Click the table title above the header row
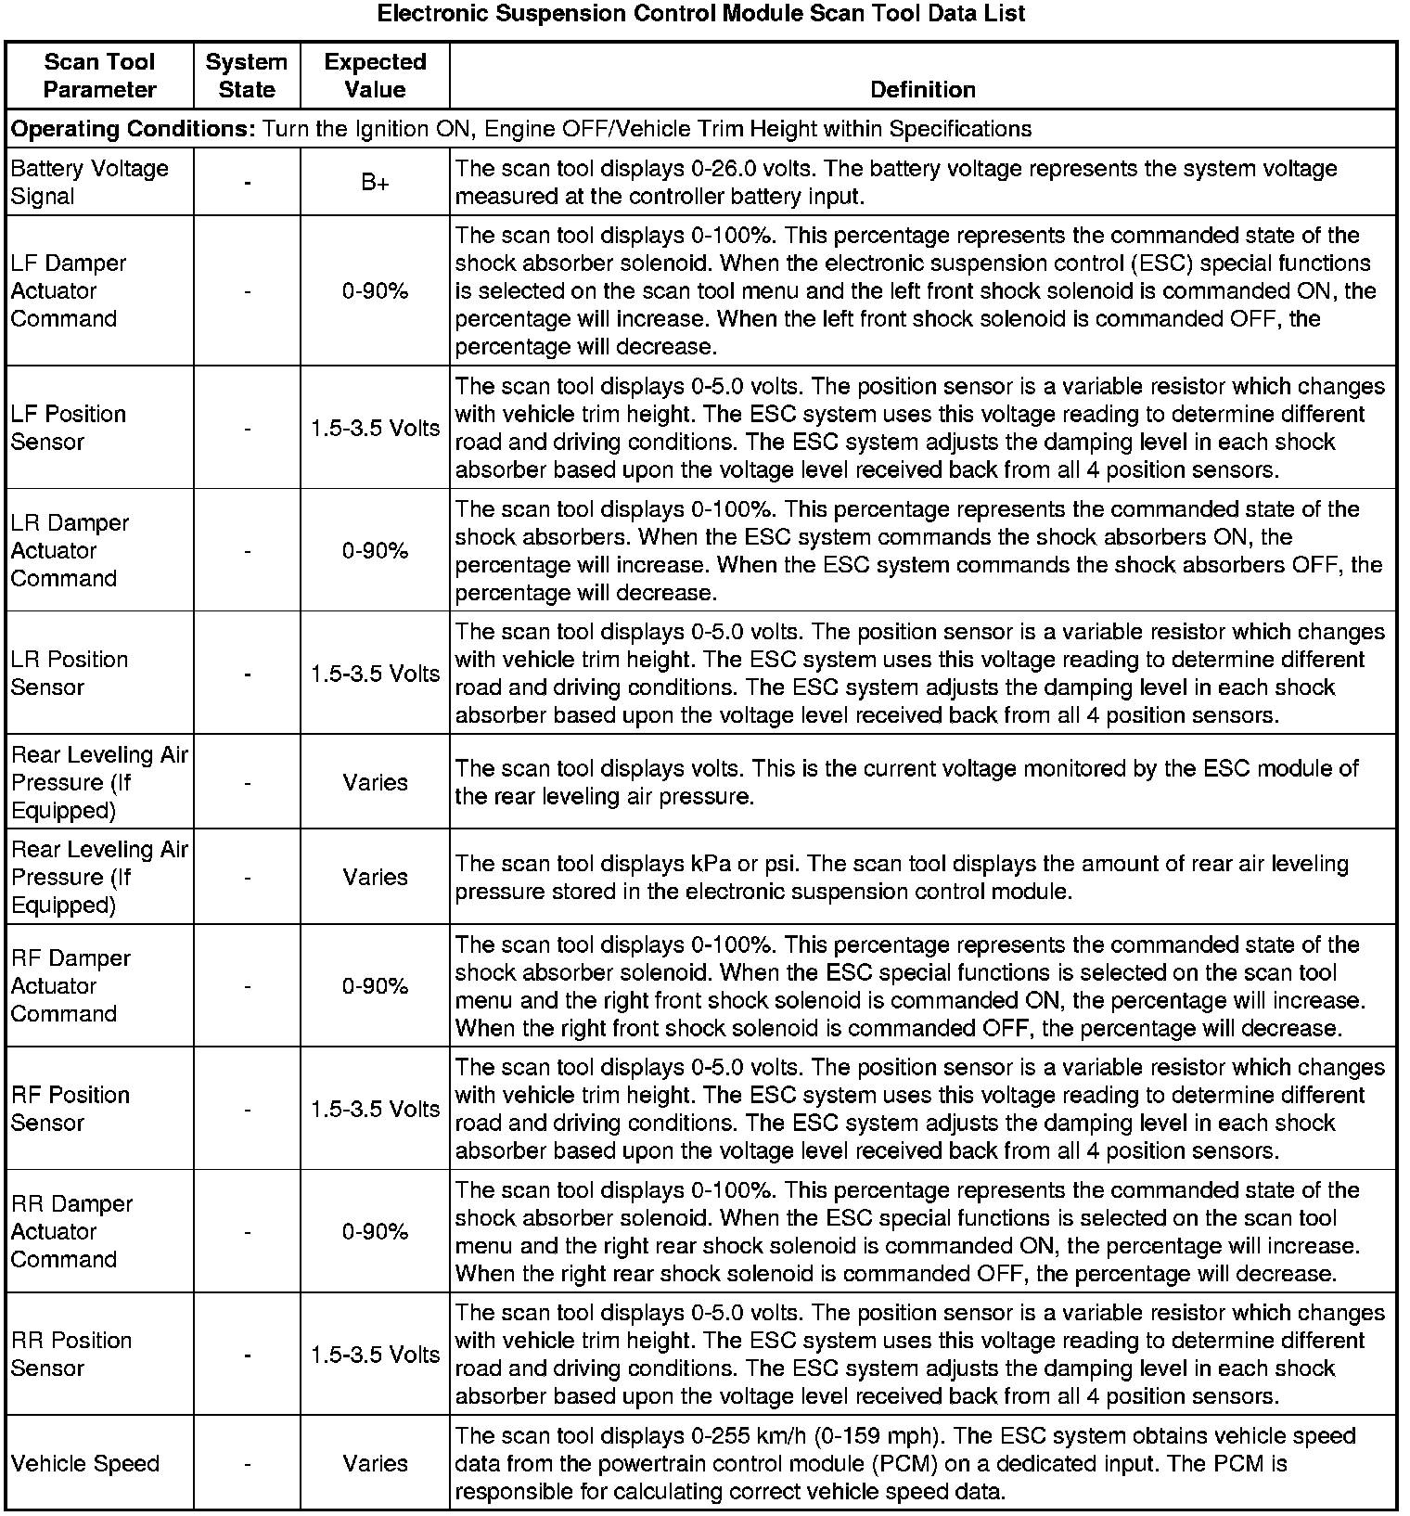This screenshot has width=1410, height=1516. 702,14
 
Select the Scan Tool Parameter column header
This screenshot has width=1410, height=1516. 99,76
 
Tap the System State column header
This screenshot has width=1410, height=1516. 247,76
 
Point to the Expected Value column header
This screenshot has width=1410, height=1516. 375,76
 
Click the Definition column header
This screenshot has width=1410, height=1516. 923,90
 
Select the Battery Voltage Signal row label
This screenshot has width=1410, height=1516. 89,183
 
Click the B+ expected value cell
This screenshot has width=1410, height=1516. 375,183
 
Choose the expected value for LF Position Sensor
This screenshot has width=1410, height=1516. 375,429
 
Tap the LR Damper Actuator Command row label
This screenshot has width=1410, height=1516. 70,551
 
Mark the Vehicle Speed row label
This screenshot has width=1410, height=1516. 85,1463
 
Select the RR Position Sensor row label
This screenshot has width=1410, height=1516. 71,1355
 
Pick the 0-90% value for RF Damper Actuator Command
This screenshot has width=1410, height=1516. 375,986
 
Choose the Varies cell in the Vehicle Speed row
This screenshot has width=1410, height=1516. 375,1463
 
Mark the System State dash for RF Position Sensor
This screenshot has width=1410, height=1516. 247,1110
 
